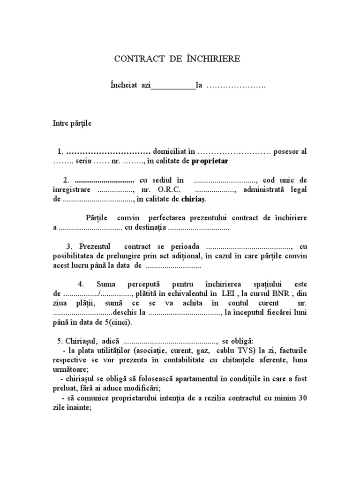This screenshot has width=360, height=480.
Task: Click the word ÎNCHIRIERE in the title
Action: pyautogui.click(x=213, y=59)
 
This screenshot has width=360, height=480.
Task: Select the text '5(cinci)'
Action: pyautogui.click(x=119, y=322)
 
